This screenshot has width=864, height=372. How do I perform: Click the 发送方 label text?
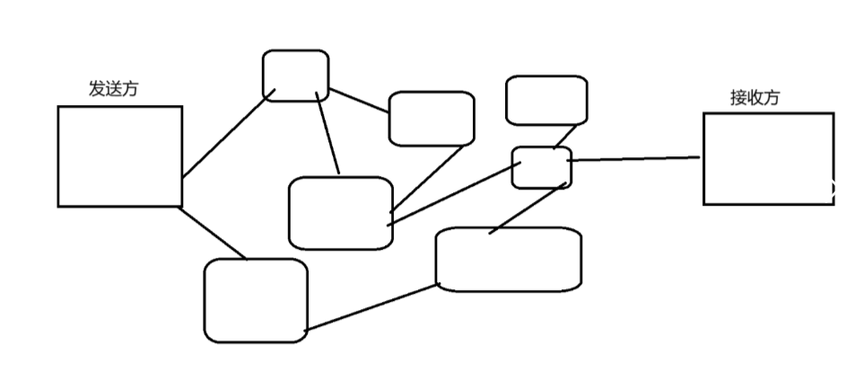pos(113,89)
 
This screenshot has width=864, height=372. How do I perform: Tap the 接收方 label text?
pos(755,98)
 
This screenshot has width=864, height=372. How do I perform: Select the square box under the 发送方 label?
pos(120,156)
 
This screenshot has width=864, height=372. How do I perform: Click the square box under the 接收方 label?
pos(768,158)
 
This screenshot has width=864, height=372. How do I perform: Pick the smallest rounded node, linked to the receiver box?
pos(541,168)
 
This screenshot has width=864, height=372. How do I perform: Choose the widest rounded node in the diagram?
pos(508,260)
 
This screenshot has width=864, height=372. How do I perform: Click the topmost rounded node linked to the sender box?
pos(295,75)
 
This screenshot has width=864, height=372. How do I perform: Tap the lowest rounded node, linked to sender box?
pos(256,300)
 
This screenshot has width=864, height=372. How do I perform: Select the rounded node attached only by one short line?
pos(546,100)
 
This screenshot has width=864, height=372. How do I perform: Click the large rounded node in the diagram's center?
pos(340,212)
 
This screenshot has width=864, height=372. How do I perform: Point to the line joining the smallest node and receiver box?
pos(633,159)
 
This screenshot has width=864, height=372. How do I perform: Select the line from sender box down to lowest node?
pos(214,233)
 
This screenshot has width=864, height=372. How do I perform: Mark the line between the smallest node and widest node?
pos(529,208)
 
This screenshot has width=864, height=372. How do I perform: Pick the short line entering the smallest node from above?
pos(563,137)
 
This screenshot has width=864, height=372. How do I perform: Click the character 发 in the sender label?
pos(96,89)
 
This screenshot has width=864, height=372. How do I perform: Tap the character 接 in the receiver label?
pos(738,98)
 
